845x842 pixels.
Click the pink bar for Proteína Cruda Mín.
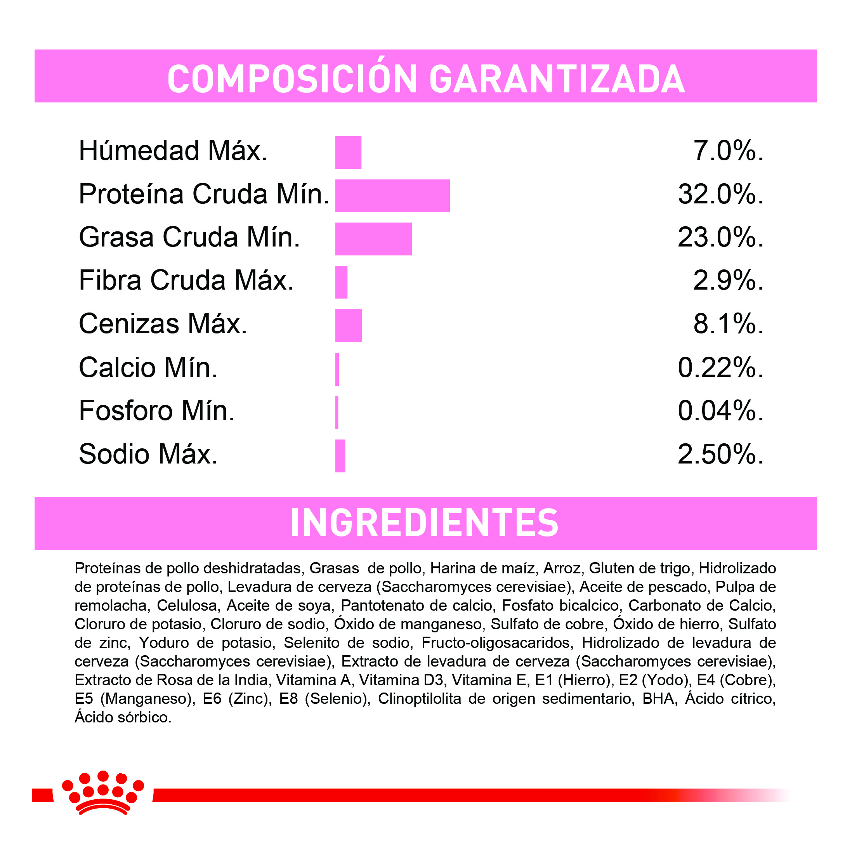point(392,196)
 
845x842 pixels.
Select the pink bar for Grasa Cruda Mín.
point(373,239)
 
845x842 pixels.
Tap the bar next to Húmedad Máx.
point(348,152)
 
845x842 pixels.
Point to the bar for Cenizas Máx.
point(348,325)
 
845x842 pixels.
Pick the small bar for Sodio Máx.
point(340,456)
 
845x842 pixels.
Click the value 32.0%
point(720,194)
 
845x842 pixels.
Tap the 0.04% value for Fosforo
point(720,411)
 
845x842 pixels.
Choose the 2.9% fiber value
point(728,280)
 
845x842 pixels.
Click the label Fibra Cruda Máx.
point(186,280)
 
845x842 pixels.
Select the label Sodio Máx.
point(148,454)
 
